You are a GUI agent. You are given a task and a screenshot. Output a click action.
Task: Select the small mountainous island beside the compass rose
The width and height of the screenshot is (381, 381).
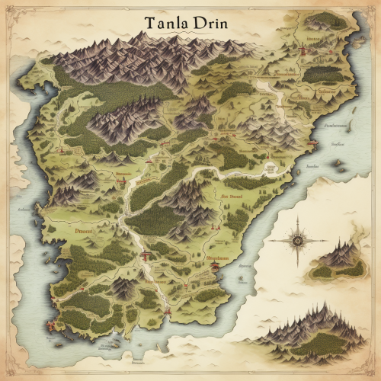pyautogui.click(x=339, y=259)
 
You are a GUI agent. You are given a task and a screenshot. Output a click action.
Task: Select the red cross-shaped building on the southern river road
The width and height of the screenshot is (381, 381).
pyautogui.click(x=142, y=258)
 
